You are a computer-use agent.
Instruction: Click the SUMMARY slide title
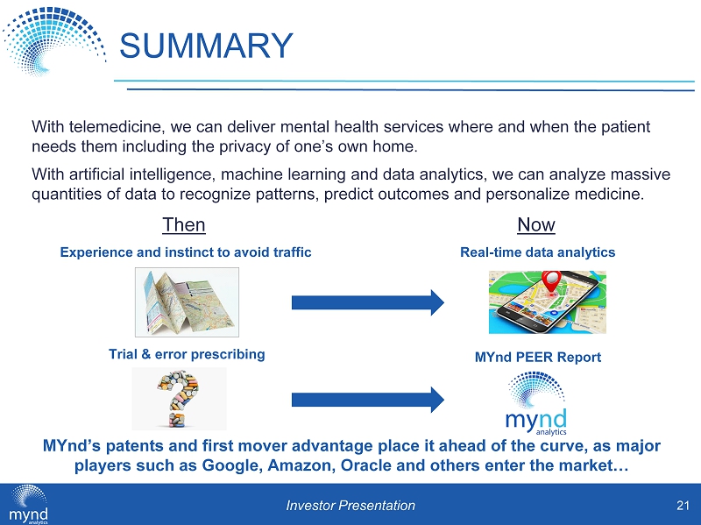(x=205, y=46)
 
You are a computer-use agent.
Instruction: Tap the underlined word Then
(x=184, y=225)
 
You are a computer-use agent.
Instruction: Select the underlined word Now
(x=536, y=225)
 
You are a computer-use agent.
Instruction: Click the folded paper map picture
(x=186, y=302)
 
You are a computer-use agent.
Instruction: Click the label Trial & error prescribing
(x=186, y=354)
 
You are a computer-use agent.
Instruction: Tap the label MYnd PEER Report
(x=538, y=358)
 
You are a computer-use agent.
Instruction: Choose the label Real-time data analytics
(x=538, y=252)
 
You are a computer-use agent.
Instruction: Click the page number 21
(x=681, y=505)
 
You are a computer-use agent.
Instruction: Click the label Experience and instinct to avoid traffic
(x=186, y=252)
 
